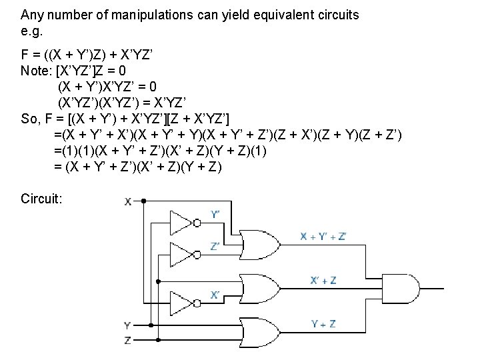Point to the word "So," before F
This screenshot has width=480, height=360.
31,119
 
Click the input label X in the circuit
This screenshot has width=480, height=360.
128,201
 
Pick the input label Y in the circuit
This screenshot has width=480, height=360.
128,325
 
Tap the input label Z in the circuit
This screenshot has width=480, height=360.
128,340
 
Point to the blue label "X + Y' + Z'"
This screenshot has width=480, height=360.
323,236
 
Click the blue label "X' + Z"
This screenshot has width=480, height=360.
323,280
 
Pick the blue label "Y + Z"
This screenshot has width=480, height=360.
323,324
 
